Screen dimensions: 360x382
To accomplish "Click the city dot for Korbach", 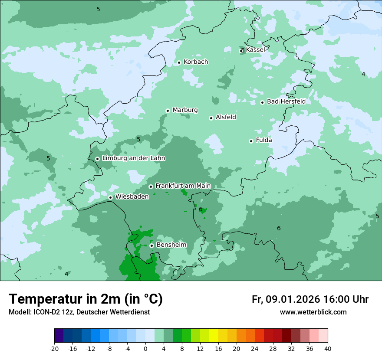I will coord(179,62).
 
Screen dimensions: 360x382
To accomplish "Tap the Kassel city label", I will coord(255,50).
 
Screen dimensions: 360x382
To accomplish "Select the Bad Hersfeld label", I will coord(286,101).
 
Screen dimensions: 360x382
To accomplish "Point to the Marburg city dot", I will coord(168,111).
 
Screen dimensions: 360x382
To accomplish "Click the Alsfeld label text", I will coord(226,117).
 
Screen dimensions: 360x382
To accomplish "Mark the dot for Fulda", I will coord(251,141).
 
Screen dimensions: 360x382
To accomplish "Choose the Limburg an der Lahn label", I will coord(133,158).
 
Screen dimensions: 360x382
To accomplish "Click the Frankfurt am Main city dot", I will coord(151,187).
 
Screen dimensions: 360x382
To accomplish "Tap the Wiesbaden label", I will coord(132,196).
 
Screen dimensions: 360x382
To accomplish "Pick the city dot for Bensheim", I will coord(151,245).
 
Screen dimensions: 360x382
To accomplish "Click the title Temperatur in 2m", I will coord(86,299).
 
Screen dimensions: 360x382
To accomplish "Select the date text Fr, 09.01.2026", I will coord(286,299).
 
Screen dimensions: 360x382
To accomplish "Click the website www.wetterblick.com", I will coord(313,312).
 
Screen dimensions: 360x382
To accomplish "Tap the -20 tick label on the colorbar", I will coord(54,349).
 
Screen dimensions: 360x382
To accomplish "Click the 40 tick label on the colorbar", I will coord(328,349).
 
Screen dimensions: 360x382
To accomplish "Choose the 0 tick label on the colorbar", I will coord(145,349).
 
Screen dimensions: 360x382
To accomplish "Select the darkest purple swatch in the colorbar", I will coord(59,336).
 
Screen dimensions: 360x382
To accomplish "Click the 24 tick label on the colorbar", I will coord(255,349).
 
